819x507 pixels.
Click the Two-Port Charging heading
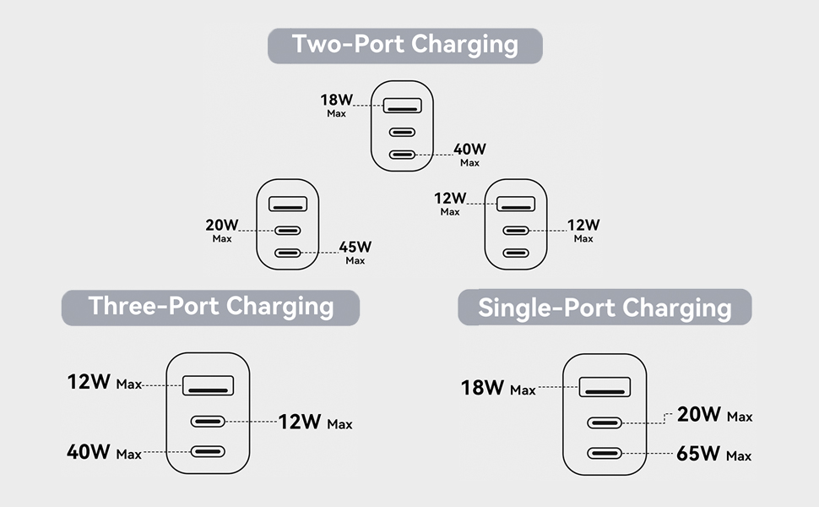(x=404, y=45)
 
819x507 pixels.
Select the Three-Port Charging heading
(x=210, y=307)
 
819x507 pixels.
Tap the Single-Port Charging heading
(x=605, y=308)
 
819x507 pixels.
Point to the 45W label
(x=355, y=248)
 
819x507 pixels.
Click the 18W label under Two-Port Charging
(x=336, y=100)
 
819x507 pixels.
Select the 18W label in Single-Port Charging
(x=483, y=388)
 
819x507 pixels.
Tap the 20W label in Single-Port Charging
(x=698, y=414)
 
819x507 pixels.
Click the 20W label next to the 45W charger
(x=221, y=226)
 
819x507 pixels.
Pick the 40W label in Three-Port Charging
(x=89, y=451)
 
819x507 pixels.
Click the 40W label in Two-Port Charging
(x=469, y=150)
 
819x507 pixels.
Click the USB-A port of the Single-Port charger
(x=605, y=388)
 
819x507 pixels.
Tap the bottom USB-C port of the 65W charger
(x=605, y=453)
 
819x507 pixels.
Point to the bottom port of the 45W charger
(x=288, y=252)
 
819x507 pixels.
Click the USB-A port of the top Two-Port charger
(x=403, y=106)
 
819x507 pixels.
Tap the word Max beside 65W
(x=738, y=456)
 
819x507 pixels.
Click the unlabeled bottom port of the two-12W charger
(x=516, y=252)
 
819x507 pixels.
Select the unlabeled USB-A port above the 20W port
(x=288, y=204)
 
